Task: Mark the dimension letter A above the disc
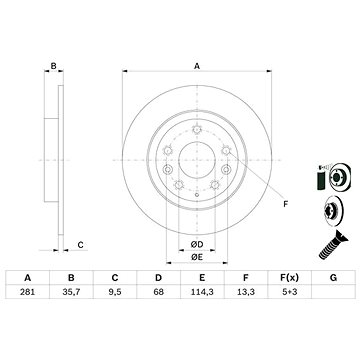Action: tap(197, 65)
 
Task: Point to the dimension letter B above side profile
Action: tap(51, 65)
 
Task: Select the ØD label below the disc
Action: tap(197, 216)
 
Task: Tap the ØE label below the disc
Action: tap(197, 228)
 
